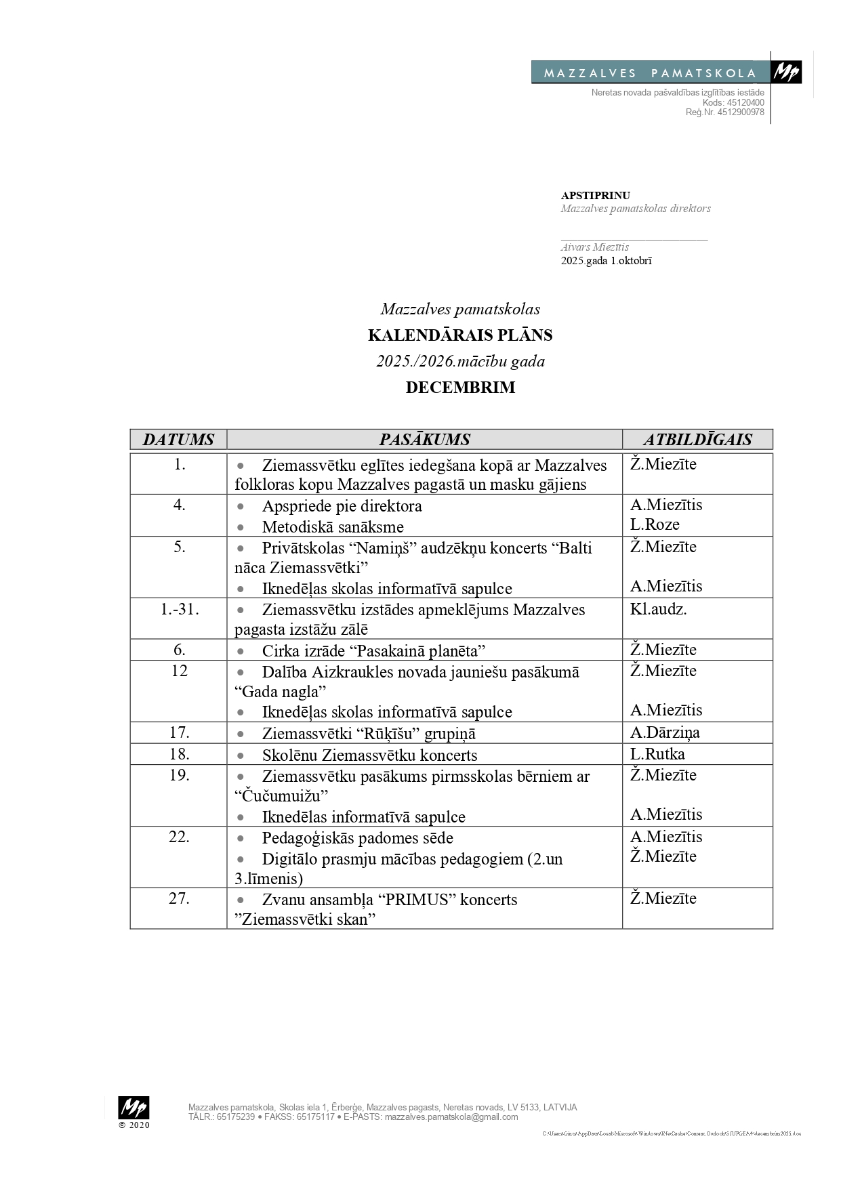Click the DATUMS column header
point(178,440)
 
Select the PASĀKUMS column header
point(424,440)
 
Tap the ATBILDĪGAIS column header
point(697,440)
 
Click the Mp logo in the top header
point(787,72)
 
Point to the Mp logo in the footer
point(134,1108)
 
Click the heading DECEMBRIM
point(460,388)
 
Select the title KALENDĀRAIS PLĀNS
point(460,335)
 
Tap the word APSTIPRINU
point(595,196)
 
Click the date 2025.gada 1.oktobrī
point(606,261)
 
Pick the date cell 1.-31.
point(180,609)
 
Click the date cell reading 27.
point(179,898)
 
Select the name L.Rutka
point(657,754)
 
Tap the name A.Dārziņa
point(665,732)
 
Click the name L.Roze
point(655,524)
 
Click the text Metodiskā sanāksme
point(333,527)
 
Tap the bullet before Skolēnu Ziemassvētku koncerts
point(240,755)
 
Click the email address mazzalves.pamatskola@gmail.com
point(451,1117)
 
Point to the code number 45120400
point(745,102)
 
